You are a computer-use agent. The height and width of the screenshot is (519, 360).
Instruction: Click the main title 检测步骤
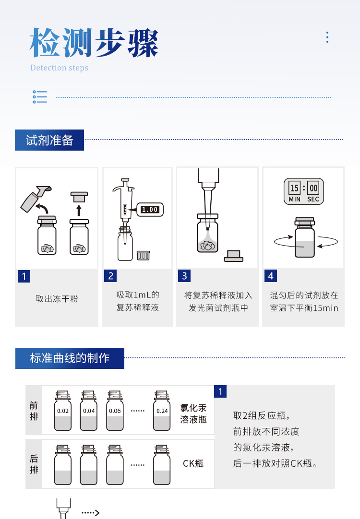click(94, 43)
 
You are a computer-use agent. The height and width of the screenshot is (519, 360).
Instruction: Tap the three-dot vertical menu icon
click(327, 37)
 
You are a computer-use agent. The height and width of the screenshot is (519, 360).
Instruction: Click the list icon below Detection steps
click(40, 97)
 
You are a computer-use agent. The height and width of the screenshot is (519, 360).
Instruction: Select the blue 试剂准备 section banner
click(49, 140)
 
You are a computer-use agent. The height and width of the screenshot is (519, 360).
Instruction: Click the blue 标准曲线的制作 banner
click(70, 358)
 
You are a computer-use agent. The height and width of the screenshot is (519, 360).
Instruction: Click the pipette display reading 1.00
click(150, 209)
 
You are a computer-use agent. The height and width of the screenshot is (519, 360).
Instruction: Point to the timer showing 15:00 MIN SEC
click(304, 191)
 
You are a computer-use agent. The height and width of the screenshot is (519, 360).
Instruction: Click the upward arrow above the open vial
click(79, 209)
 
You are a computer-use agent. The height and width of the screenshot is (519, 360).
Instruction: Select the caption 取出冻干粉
click(57, 299)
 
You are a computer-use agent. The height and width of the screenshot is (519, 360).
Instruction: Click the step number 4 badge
click(271, 276)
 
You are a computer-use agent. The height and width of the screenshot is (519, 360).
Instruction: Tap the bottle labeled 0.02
click(63, 412)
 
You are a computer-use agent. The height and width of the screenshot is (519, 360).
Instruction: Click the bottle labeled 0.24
click(162, 412)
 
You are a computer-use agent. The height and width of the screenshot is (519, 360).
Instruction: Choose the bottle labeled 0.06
click(115, 412)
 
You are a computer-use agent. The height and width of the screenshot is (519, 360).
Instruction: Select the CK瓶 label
click(193, 463)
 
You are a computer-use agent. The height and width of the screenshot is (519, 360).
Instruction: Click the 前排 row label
click(34, 411)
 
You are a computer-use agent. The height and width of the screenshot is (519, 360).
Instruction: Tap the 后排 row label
click(34, 464)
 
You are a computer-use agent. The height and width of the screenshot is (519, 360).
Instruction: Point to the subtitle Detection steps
click(60, 68)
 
